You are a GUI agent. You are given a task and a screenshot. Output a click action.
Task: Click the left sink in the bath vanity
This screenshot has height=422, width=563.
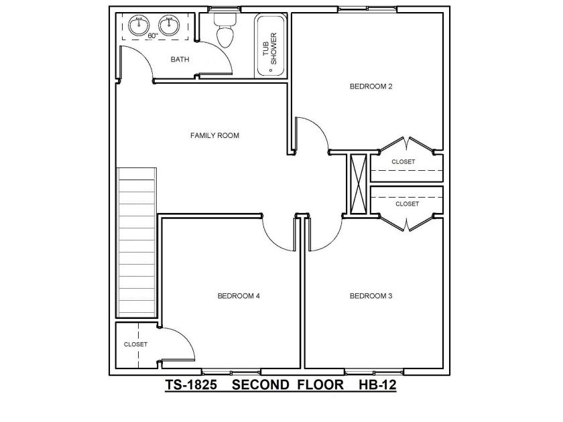click(x=139, y=25)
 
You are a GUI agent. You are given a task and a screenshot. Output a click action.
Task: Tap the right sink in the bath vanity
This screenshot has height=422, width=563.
click(x=169, y=25)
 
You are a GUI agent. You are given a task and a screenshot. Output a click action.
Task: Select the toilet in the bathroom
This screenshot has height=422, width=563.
click(x=225, y=30)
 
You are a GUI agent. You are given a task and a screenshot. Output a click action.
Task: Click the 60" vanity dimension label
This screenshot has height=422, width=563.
click(x=153, y=36)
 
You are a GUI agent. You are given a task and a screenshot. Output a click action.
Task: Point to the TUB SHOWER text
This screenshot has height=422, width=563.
click(x=269, y=48)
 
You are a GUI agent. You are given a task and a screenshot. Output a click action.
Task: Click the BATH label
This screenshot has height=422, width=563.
click(x=180, y=59)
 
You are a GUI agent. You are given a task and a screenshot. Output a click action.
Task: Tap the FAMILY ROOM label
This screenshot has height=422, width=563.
click(x=214, y=135)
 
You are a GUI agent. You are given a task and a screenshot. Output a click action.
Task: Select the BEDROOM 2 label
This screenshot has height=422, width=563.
click(x=371, y=86)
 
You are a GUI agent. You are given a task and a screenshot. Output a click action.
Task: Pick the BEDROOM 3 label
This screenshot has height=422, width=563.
click(x=371, y=295)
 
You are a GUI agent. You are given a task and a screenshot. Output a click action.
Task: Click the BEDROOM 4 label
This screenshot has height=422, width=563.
click(x=239, y=295)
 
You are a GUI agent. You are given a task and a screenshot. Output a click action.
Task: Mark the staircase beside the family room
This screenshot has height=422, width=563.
click(x=137, y=242)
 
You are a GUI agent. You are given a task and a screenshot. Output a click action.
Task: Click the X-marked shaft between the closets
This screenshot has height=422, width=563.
click(x=359, y=184)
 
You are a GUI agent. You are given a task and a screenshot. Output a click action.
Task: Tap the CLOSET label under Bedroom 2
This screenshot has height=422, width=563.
click(x=403, y=162)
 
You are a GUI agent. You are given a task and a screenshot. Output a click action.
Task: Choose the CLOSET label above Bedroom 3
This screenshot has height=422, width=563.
click(x=408, y=204)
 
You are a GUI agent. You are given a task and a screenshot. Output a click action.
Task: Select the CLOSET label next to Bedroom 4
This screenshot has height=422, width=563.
click(x=135, y=344)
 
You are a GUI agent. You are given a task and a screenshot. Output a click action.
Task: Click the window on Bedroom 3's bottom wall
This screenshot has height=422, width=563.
click(x=374, y=372)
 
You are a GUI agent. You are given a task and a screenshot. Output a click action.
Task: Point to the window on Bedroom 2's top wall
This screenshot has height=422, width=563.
click(x=367, y=9)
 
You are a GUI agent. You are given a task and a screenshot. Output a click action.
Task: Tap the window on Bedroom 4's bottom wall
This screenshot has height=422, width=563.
click(x=231, y=372)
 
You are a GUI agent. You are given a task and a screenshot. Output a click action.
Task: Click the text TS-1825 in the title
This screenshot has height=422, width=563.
click(x=191, y=384)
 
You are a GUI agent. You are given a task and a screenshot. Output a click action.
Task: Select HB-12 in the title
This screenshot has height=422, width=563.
click(x=377, y=384)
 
